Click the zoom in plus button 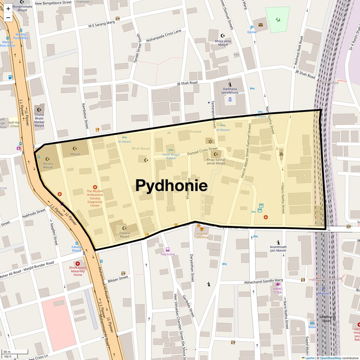(x=8, y=9)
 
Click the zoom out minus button (x=8, y=18)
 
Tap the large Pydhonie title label (x=171, y=185)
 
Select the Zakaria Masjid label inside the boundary (x=124, y=235)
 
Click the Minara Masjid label (x=48, y=165)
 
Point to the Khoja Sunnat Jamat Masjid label (x=216, y=161)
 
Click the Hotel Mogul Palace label (x=171, y=156)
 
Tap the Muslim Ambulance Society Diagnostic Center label (x=95, y=198)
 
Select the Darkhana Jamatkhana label (x=230, y=91)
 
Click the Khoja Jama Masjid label (x=223, y=43)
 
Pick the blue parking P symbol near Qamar (x=252, y=28)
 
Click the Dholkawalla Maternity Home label (x=78, y=271)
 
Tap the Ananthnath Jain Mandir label (x=278, y=249)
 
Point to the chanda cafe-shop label (x=202, y=235)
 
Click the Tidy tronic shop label (x=167, y=254)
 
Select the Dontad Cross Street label (x=202, y=151)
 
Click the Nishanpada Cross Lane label (x=164, y=36)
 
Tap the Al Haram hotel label (x=124, y=141)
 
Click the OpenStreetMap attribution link (x=331, y=358)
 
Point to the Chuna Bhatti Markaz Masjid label (x=39, y=120)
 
